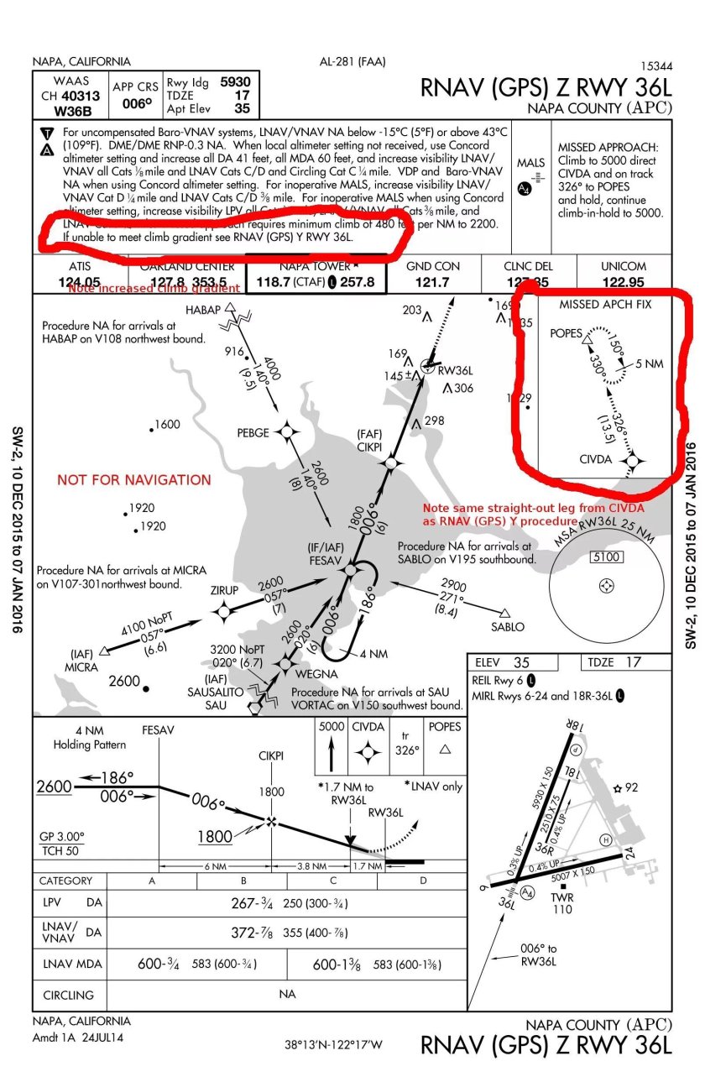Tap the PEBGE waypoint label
click(x=253, y=433)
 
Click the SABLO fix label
click(x=508, y=626)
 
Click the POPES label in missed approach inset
click(x=566, y=333)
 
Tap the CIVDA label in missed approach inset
click(x=596, y=461)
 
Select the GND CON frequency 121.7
click(x=433, y=282)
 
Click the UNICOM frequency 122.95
click(x=623, y=282)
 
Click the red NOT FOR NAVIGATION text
click(x=133, y=480)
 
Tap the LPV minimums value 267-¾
click(x=253, y=903)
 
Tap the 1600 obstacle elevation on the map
click(x=167, y=425)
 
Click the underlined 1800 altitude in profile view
click(x=215, y=837)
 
